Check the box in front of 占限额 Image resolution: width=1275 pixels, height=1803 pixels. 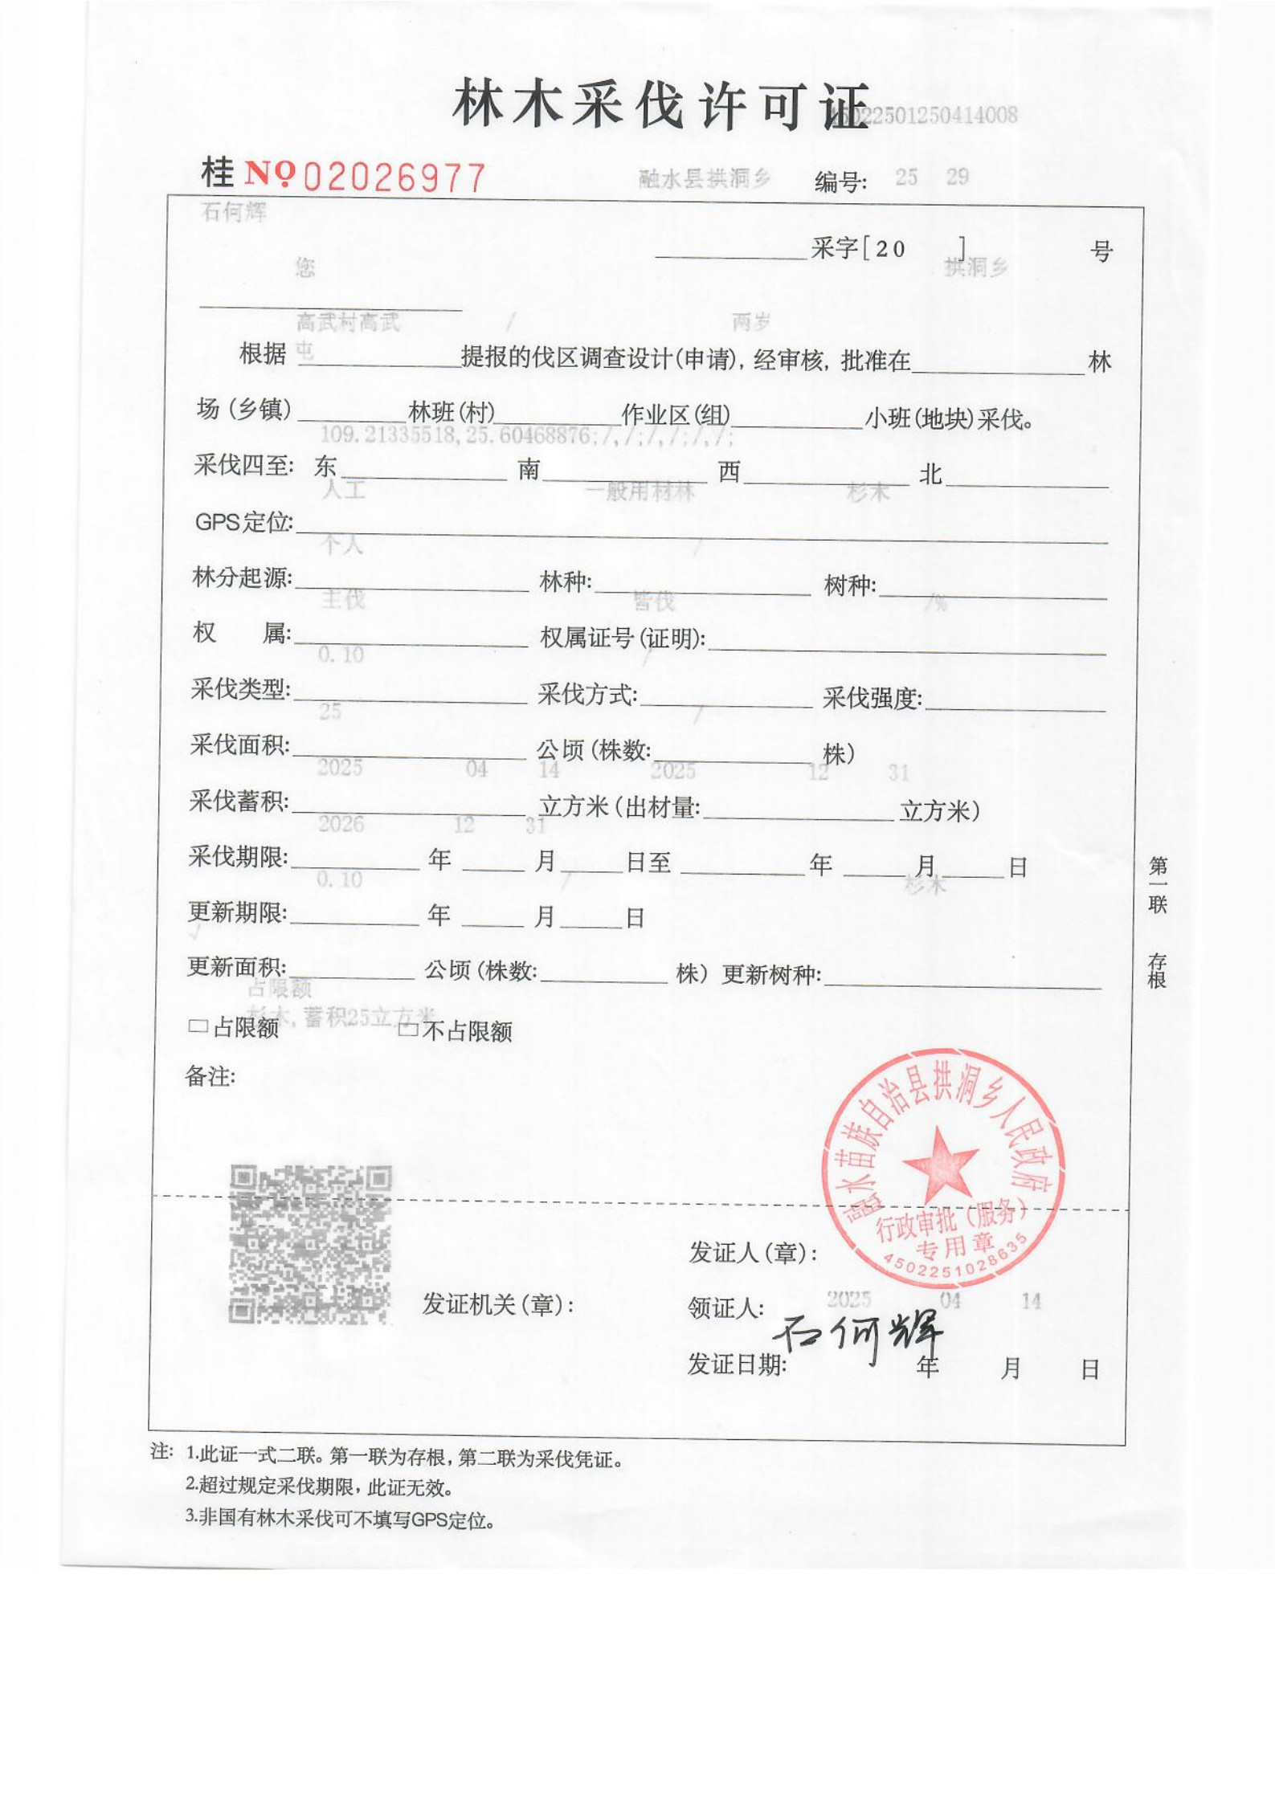[x=198, y=1026]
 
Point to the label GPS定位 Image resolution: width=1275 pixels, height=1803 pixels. [x=243, y=522]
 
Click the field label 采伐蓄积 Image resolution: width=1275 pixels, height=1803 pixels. [x=239, y=802]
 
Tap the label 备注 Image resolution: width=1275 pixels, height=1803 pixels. [x=210, y=1076]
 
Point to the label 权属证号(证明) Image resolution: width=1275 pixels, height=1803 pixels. [x=623, y=638]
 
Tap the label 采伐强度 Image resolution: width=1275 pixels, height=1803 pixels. [x=872, y=699]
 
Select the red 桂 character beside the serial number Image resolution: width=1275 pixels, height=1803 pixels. [x=218, y=171]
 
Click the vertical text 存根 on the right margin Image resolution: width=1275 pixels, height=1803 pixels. [x=1157, y=971]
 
